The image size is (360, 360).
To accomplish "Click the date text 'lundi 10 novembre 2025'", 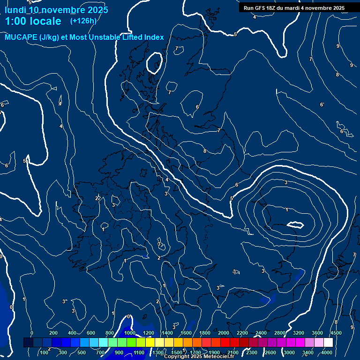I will (x=56, y=10).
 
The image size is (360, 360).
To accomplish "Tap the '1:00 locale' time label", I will (x=33, y=21).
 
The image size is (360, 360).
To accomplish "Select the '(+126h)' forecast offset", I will (x=83, y=21).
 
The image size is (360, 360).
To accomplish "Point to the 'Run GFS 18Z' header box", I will (x=294, y=8).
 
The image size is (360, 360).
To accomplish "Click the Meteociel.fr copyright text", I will (x=199, y=357).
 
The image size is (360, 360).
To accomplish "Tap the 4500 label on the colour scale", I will (x=336, y=333).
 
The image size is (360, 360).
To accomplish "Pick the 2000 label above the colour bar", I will (x=224, y=333).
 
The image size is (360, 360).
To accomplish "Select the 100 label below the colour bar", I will (x=45, y=352).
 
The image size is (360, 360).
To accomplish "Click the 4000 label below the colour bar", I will (x=327, y=352).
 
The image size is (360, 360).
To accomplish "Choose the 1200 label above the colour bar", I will (x=148, y=333).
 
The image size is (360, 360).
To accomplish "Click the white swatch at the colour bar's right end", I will (x=342, y=343).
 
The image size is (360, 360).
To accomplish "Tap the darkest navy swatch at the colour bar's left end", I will (x=28, y=343).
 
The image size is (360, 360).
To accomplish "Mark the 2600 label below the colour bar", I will (x=270, y=352).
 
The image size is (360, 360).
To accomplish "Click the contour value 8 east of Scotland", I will (x=205, y=151).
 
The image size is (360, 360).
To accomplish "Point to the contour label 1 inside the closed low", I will (x=287, y=210).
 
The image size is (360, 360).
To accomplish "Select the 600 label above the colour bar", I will (x=91, y=333).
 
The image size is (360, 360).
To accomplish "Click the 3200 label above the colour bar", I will (x=299, y=333).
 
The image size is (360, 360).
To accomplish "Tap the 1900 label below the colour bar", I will (x=214, y=352).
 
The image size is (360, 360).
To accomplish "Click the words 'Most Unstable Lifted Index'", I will (x=117, y=37).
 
